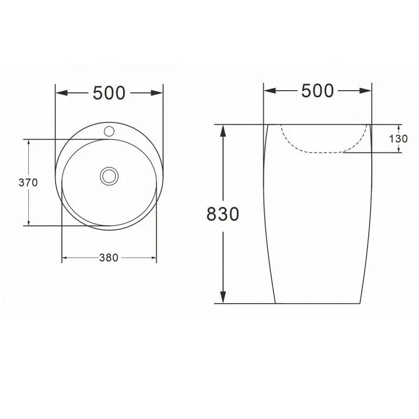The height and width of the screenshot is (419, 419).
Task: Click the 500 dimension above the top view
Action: [109, 93]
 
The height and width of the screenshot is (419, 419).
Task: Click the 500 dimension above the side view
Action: [317, 91]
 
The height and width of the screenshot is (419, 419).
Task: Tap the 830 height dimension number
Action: [223, 214]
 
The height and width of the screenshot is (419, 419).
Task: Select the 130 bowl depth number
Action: [398, 139]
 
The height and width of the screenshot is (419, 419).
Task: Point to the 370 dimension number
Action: [28, 182]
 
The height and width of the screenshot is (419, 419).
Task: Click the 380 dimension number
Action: [108, 258]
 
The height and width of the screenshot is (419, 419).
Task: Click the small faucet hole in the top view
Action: [109, 131]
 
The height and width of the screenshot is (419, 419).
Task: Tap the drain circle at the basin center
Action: [109, 176]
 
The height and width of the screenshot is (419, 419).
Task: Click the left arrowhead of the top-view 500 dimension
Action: [61, 93]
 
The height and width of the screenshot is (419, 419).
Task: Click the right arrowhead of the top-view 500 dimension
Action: [157, 93]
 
